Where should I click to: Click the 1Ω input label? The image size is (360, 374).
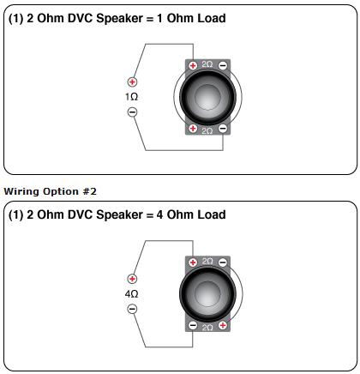point(131,97)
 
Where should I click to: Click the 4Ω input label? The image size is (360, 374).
point(131,294)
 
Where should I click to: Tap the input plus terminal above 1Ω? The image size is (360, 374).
point(132,82)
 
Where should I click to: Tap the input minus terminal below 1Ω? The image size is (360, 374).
point(132,112)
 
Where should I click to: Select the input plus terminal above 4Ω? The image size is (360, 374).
point(132,279)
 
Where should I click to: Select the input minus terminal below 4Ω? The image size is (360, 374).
point(132,309)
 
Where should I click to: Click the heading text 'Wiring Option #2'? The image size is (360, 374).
point(51,191)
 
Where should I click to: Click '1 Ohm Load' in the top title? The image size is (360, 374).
point(191,18)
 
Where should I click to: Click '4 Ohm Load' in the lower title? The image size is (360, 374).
point(191,214)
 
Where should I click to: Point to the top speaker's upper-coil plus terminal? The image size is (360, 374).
point(193,65)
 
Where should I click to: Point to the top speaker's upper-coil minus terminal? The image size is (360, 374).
point(223,65)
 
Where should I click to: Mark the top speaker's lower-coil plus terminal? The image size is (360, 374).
point(193,129)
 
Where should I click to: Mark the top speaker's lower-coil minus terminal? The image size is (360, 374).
point(223,129)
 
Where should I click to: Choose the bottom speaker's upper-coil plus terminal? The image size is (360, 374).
point(193,262)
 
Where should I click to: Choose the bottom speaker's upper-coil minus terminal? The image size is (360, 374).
point(223,262)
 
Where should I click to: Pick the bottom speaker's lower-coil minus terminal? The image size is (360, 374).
point(193,325)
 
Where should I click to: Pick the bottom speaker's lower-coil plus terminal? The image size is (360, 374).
point(223,325)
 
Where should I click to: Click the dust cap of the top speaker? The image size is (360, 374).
point(207,97)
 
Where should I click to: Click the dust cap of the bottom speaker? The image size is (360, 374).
point(207,294)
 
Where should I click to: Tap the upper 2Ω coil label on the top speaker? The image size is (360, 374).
point(207,64)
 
